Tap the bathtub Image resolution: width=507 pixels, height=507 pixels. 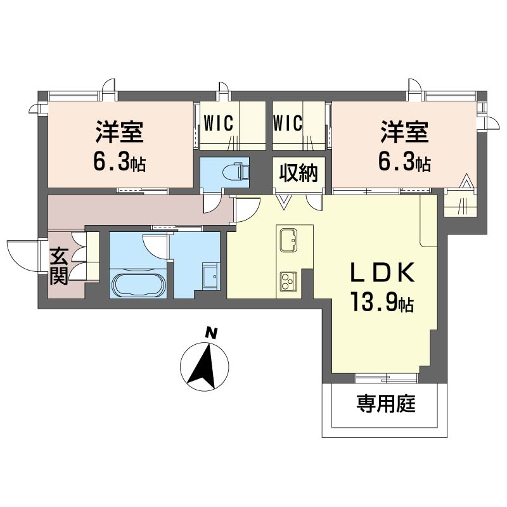pos(138,285)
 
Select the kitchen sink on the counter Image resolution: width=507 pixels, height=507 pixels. pos(288,240)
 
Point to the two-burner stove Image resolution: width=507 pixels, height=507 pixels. pos(288,281)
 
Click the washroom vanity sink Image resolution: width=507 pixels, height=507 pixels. pos(210,276)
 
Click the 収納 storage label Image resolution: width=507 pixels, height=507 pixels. pos(298,173)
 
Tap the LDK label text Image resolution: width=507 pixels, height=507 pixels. pos(383,273)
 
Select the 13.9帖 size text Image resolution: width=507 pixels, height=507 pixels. pos(382,302)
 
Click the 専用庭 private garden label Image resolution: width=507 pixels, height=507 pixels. pos(386,404)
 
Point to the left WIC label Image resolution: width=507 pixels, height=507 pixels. pos(218,123)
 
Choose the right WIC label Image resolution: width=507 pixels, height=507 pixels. pos(288,123)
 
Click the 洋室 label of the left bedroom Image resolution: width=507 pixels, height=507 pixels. pos(120,132)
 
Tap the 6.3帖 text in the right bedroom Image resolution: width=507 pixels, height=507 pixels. pos(404,162)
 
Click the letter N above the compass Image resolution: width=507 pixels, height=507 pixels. pos(211,333)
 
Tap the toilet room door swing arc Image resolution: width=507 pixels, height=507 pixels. pos(210,204)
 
